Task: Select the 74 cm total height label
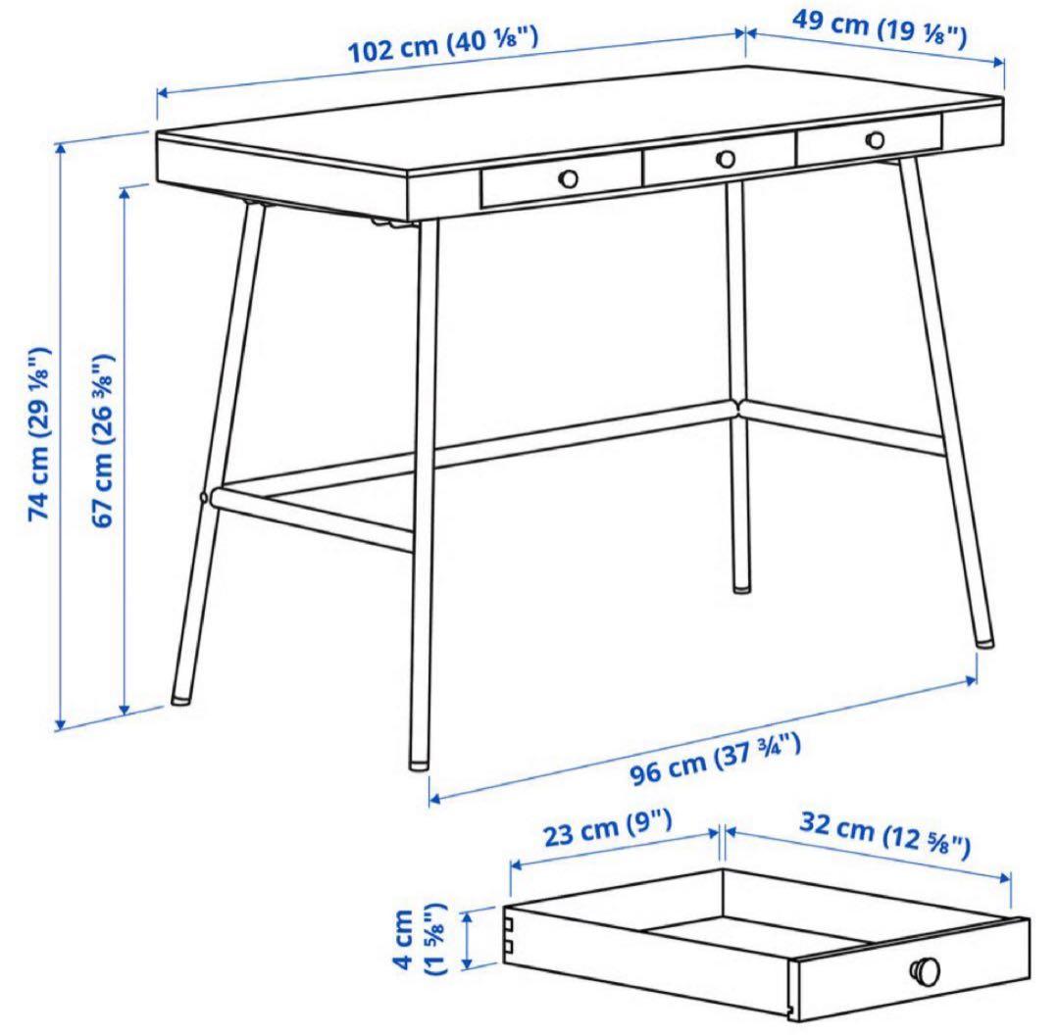pos(40,431)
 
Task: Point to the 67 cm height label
pos(104,441)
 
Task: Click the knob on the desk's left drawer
pos(568,177)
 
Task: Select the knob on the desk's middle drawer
pos(726,158)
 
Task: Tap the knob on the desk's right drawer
pos(875,139)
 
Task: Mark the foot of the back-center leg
pos(742,586)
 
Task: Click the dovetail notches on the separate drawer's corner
pos(510,935)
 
